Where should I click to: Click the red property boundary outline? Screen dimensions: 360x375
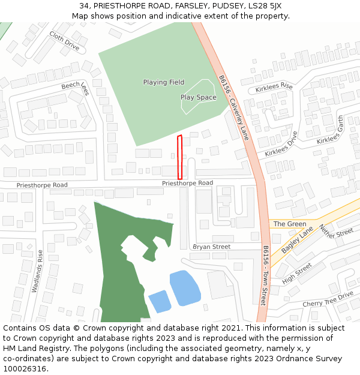(x=179, y=157)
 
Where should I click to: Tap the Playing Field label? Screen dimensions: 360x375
(x=164, y=82)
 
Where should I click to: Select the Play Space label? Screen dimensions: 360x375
(x=198, y=97)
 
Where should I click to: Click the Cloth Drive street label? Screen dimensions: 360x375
(x=64, y=40)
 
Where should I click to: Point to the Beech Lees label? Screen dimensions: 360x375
(x=75, y=88)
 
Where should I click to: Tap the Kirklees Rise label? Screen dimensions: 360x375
(x=274, y=88)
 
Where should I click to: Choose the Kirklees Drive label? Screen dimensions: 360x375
(x=281, y=144)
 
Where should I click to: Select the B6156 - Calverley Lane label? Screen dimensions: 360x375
(x=233, y=107)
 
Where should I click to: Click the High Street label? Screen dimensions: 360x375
(x=297, y=273)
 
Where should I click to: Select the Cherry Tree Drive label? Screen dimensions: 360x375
(x=328, y=299)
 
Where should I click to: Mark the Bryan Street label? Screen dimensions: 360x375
(x=211, y=247)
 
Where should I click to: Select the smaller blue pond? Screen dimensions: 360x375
(x=160, y=301)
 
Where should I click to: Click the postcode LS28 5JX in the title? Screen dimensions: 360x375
(x=265, y=6)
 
